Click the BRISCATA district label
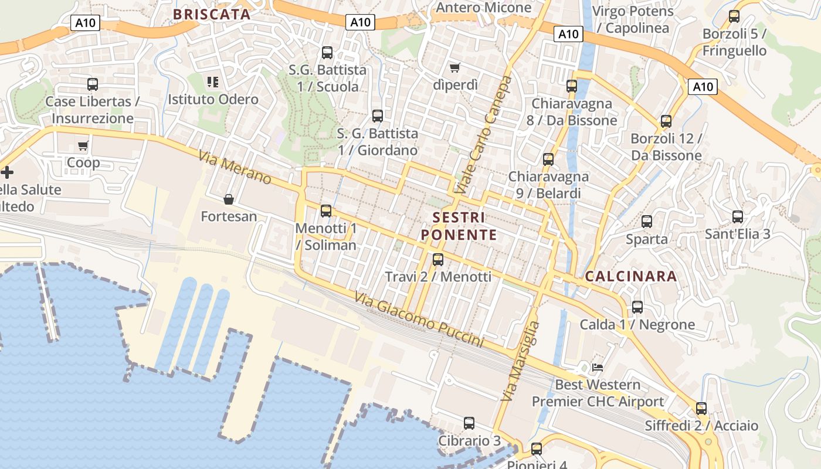[212, 14]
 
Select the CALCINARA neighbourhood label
[631, 276]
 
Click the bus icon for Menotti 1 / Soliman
[326, 211]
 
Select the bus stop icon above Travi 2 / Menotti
[437, 260]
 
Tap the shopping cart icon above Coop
[83, 146]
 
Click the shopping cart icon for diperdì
[454, 68]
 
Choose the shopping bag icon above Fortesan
[229, 200]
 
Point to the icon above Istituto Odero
[213, 82]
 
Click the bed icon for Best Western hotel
[598, 368]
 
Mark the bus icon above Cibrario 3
[469, 423]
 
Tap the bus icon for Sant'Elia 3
[738, 217]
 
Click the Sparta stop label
[647, 239]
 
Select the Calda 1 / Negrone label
[637, 324]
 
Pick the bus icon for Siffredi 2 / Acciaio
[701, 409]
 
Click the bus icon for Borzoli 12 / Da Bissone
[666, 121]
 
